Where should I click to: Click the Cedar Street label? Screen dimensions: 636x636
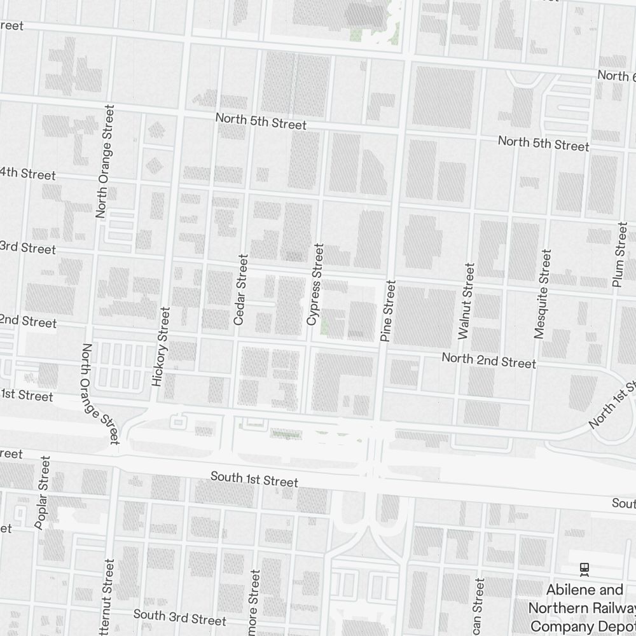(x=240, y=290)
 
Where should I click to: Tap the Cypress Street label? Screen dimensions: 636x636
(x=315, y=284)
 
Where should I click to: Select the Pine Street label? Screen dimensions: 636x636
(x=389, y=312)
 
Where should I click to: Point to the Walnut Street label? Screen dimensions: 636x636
(x=466, y=301)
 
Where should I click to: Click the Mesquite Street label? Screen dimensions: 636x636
(x=543, y=294)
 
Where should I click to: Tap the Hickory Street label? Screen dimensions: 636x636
(x=161, y=347)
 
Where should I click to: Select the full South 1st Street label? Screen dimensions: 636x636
(x=254, y=478)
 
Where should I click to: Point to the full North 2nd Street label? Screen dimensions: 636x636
(x=488, y=361)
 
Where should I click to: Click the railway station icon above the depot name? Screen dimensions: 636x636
(x=584, y=569)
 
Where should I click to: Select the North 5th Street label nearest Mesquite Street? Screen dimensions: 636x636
(x=543, y=143)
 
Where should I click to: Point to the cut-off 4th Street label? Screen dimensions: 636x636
(x=28, y=174)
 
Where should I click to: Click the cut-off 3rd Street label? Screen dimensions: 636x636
(x=28, y=247)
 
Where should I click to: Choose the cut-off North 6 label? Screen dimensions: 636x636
(x=616, y=76)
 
